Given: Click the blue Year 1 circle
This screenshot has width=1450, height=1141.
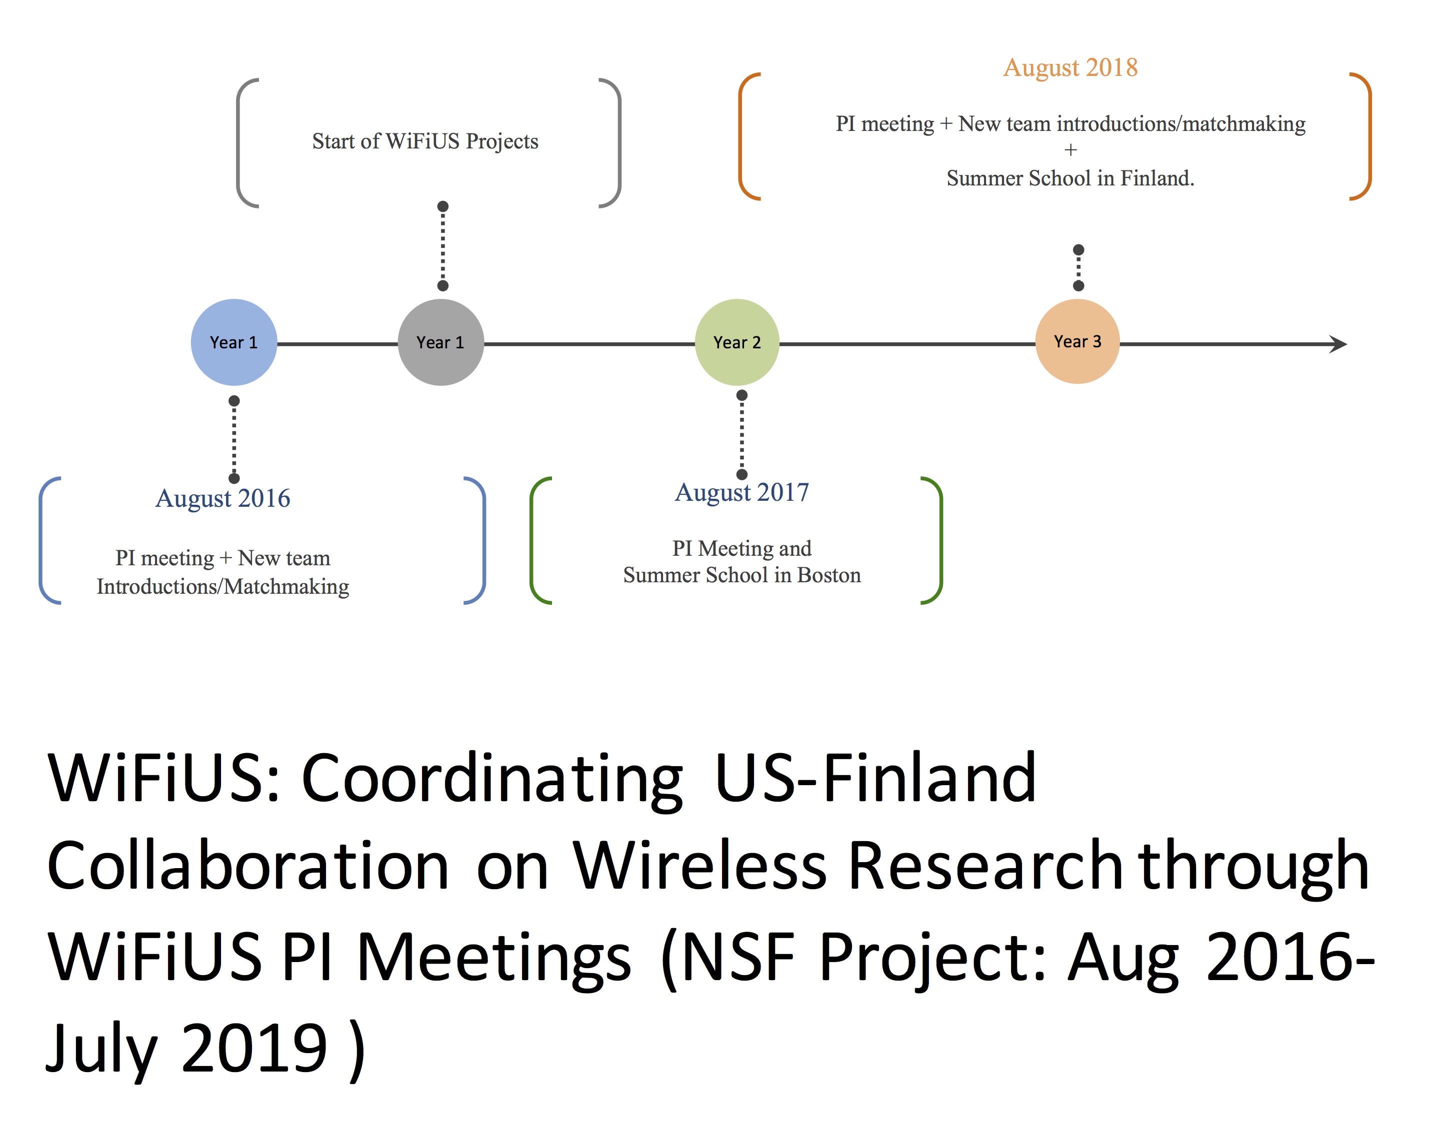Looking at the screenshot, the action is tap(234, 342).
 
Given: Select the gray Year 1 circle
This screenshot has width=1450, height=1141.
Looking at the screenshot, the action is tap(440, 342).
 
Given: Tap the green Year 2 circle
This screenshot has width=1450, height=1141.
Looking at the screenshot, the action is tap(737, 342).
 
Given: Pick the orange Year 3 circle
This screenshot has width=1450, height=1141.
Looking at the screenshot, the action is tap(1077, 341).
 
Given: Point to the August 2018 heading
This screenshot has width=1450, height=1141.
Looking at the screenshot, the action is tap(1070, 67).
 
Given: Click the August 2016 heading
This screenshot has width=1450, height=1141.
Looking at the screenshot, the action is tap(223, 498).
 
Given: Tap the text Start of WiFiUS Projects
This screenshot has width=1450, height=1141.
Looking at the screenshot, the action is tap(425, 141).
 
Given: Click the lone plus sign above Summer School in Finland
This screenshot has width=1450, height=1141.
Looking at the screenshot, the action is tap(1071, 150).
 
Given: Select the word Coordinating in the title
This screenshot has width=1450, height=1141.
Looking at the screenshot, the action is tap(492, 779).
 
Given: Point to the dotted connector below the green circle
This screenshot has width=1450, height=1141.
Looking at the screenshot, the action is tap(741, 435).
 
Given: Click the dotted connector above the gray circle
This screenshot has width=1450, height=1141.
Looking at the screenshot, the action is tap(443, 246).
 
